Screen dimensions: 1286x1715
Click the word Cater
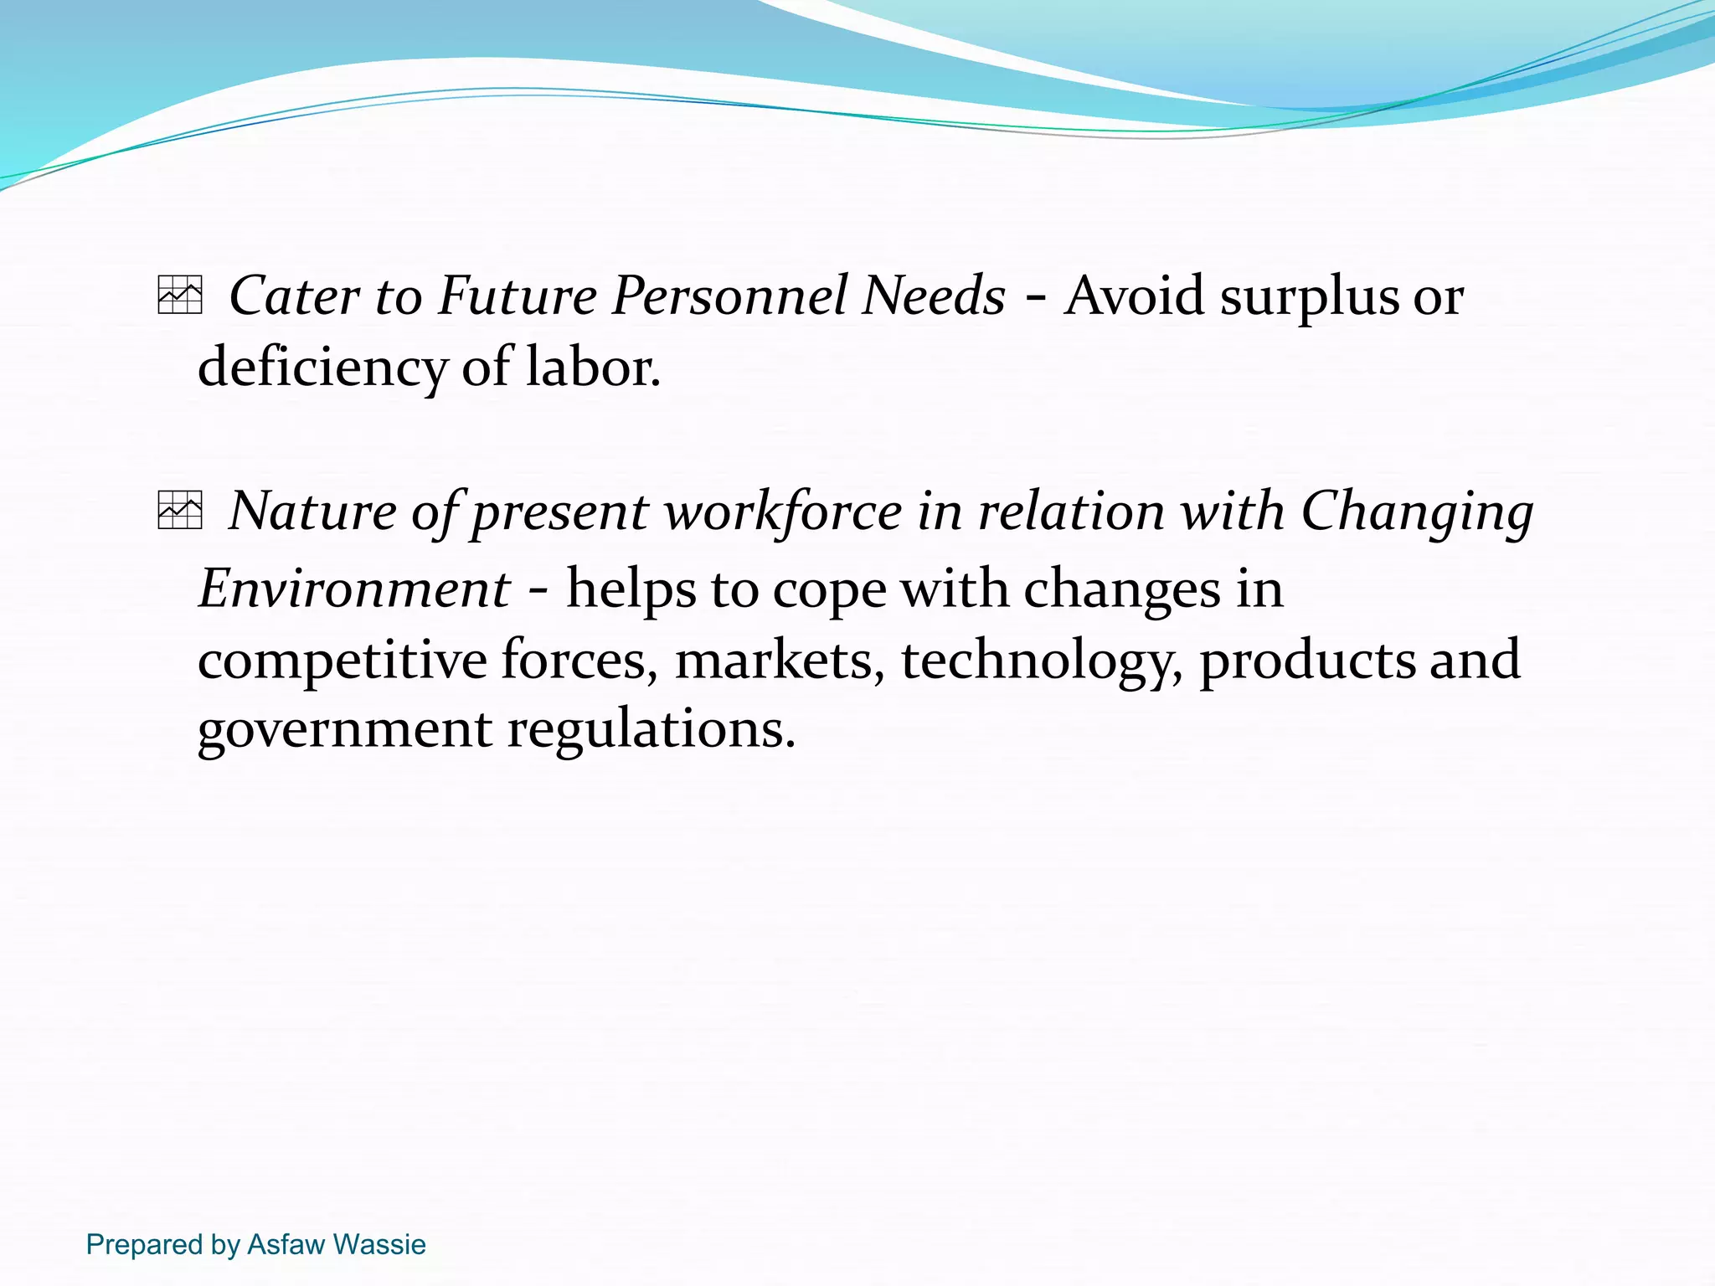point(294,296)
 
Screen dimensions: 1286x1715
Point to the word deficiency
point(322,368)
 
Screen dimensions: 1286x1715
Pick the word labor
point(593,367)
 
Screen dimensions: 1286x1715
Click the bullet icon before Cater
point(180,296)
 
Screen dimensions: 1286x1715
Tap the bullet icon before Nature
point(180,510)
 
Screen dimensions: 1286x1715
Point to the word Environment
point(354,588)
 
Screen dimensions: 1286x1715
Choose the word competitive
point(342,660)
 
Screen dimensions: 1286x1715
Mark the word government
point(344,730)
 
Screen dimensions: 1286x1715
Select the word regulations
point(651,730)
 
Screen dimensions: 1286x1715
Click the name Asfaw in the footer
point(286,1244)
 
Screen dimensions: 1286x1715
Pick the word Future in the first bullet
point(518,296)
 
